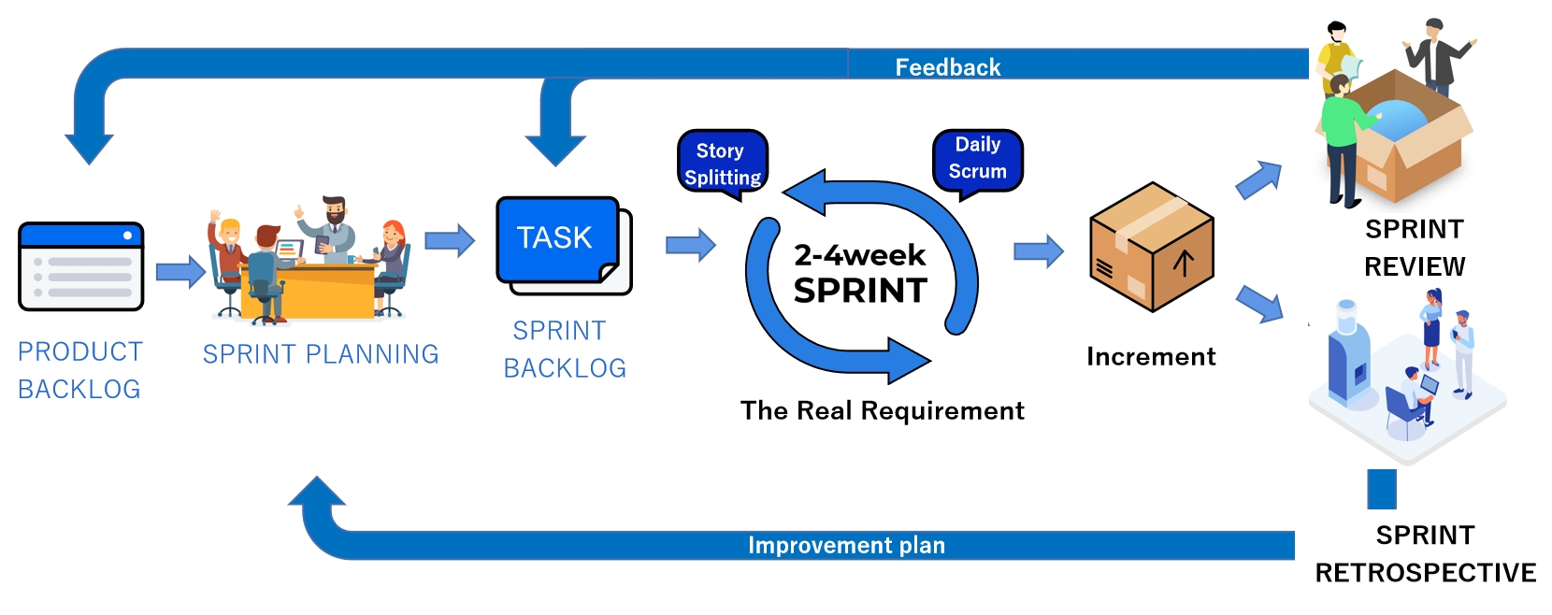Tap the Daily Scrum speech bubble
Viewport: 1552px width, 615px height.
(x=977, y=158)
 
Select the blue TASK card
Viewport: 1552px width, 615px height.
(x=557, y=239)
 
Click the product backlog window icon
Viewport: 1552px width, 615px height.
(x=81, y=266)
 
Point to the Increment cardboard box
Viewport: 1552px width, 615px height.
(x=1151, y=248)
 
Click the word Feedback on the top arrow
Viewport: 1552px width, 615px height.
(x=947, y=67)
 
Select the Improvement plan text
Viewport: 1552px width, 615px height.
(x=846, y=545)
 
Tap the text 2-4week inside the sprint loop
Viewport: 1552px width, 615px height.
(x=859, y=254)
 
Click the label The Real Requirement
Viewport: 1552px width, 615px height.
(x=882, y=410)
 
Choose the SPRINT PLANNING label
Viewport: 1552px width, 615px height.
(x=321, y=354)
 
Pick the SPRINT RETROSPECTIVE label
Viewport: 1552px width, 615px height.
(x=1425, y=553)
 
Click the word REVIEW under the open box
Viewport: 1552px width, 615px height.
(x=1415, y=266)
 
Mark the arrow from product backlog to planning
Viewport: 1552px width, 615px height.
(x=180, y=272)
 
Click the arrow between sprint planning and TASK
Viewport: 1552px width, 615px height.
(x=450, y=241)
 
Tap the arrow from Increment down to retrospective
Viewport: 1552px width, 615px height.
(x=1259, y=304)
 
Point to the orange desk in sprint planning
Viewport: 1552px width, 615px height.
(x=309, y=290)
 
